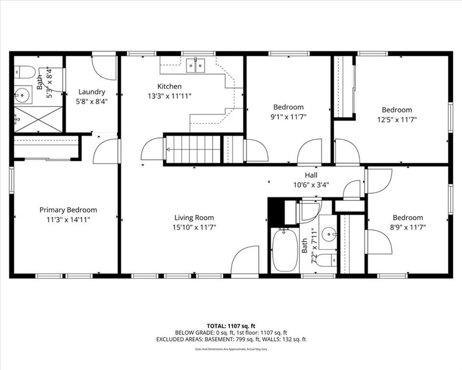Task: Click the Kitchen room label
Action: click(x=169, y=86)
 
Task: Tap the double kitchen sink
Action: click(x=195, y=65)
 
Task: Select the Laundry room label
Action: click(x=91, y=92)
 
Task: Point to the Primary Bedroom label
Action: click(x=68, y=210)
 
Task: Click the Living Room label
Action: click(x=194, y=218)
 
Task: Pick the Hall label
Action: click(x=311, y=175)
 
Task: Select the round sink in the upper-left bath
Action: click(x=23, y=95)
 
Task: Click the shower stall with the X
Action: click(x=38, y=119)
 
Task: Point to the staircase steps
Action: click(x=193, y=149)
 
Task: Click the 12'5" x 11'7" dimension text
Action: click(x=397, y=120)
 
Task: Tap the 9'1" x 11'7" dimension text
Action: click(x=288, y=117)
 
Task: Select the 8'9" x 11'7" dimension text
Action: click(x=408, y=227)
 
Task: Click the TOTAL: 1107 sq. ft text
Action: click(x=231, y=326)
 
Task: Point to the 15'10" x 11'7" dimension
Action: click(x=194, y=227)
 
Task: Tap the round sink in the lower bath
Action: click(x=329, y=234)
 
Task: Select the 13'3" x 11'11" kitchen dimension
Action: click(x=170, y=96)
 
